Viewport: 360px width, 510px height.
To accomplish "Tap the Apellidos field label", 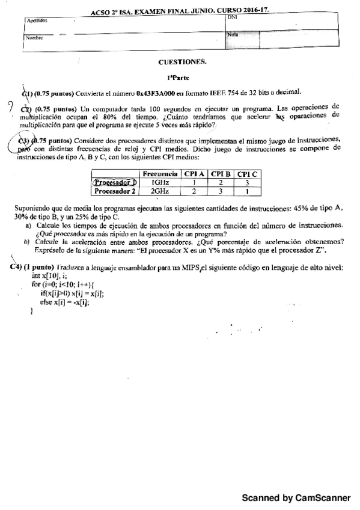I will (37, 20).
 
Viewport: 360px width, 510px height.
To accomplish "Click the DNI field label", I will (233, 17).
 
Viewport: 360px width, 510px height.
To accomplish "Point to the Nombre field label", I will (34, 37).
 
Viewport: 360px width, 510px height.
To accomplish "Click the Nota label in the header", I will (233, 34).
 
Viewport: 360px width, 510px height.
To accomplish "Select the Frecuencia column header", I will (160, 173).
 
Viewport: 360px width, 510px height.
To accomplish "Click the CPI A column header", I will (195, 173).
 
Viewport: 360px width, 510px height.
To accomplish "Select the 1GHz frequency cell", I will (160, 182).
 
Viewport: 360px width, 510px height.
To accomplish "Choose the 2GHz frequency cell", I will (160, 191).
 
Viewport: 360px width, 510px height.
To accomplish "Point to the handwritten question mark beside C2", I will (10, 109).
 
